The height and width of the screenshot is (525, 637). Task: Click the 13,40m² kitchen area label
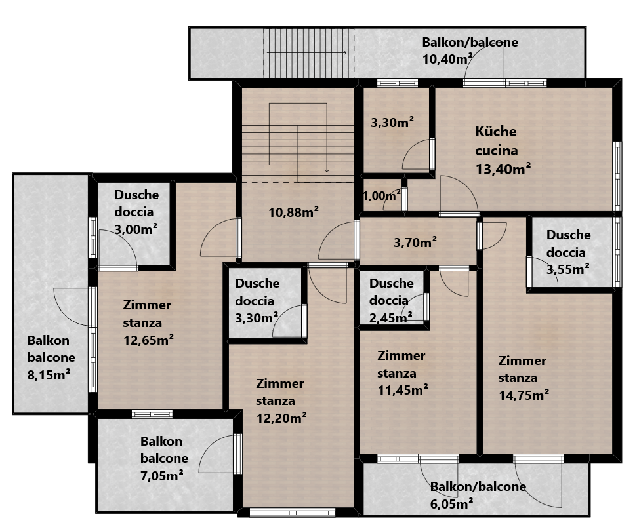point(503,168)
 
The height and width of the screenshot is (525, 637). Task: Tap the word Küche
point(496,132)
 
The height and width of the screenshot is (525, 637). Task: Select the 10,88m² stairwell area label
point(293,212)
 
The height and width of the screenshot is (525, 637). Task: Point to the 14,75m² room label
point(524,395)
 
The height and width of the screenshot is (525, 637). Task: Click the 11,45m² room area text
point(403,390)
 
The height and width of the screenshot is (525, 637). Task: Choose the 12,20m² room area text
point(281,418)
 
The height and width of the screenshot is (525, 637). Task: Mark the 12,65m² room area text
point(148,340)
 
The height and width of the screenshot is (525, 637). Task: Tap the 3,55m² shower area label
point(568,269)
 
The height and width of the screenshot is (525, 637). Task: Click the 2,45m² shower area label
point(391,317)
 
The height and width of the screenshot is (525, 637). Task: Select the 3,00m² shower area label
point(136,229)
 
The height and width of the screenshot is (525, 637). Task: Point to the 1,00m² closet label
point(381,196)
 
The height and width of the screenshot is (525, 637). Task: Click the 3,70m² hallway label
point(415,243)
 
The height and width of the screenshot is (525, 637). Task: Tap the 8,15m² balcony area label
point(49,374)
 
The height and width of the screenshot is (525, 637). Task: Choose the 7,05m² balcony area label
point(161,475)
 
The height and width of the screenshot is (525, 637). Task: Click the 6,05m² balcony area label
point(451,504)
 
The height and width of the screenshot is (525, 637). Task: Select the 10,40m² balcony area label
point(447,59)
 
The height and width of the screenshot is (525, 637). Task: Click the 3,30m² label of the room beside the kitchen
point(392,122)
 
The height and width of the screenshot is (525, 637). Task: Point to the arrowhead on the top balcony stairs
point(344,53)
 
